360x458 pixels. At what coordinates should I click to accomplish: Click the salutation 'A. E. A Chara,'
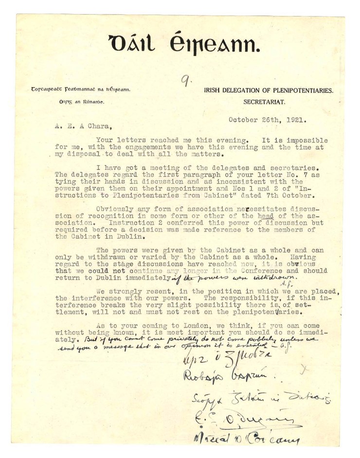79,128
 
